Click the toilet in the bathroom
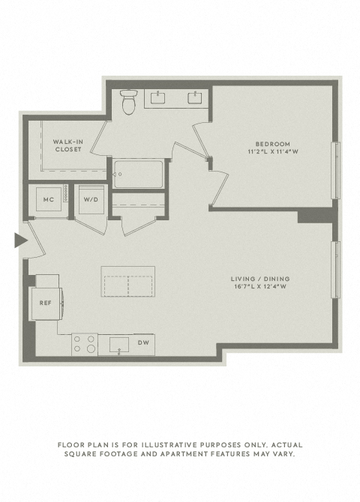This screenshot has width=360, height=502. point(129,101)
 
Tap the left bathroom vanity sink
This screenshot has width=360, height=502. point(157,97)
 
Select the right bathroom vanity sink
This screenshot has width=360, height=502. point(194,97)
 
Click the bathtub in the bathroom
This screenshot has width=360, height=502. point(139,174)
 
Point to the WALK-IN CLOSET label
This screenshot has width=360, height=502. point(68,145)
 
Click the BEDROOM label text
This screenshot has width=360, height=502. point(273,144)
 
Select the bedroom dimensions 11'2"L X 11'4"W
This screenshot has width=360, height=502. point(273,152)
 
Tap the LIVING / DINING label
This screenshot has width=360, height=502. point(260,279)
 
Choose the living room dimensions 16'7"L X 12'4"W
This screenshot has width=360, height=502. point(260,286)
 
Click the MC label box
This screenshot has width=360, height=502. point(49,199)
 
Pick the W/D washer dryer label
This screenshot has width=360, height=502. point(91,199)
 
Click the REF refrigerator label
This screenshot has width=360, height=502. point(46,303)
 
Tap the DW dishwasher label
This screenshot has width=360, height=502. point(143,342)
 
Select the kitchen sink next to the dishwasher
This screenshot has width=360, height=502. point(119,345)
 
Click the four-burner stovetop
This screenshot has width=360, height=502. point(85,345)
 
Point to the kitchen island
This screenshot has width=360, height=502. point(128,282)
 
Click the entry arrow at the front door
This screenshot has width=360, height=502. point(21,241)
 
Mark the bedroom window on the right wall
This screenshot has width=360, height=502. point(336,171)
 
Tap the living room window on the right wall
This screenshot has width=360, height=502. point(336,270)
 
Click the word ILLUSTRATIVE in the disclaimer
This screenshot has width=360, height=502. point(169,445)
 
